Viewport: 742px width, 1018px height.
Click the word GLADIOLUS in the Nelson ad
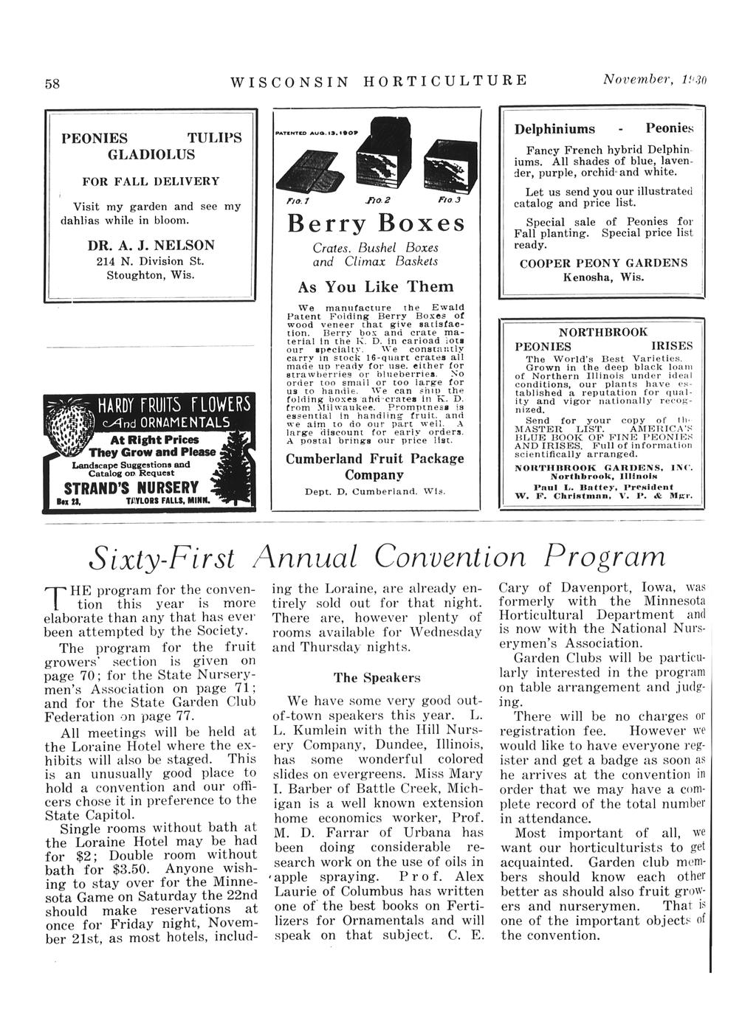pos(151,154)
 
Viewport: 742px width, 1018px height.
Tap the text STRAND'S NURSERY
pos(132,488)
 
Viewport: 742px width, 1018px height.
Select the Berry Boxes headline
pos(377,223)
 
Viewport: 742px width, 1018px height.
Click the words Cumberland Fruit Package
pos(375,458)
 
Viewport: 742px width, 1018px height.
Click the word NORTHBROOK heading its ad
pos(603,333)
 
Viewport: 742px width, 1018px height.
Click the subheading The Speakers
pos(377,677)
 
